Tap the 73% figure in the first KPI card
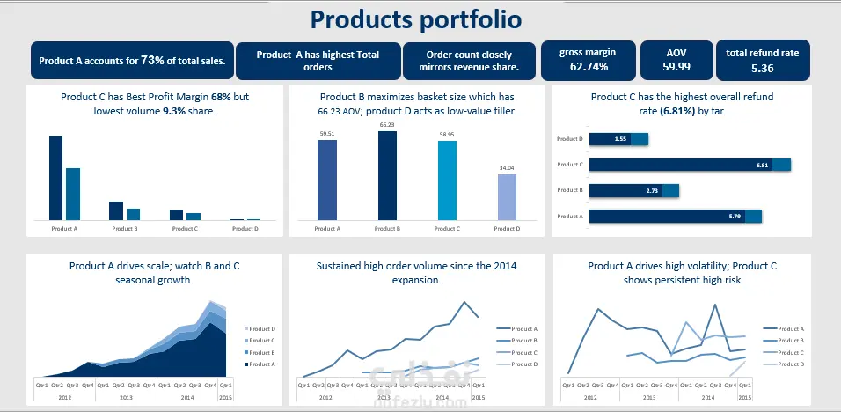tap(152, 61)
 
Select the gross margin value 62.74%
tap(588, 66)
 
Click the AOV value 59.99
tap(676, 66)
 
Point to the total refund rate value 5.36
tap(762, 67)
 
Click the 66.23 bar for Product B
tap(387, 175)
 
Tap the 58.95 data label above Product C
tap(447, 135)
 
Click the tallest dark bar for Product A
tap(55, 178)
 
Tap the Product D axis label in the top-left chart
tap(245, 228)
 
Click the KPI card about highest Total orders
tap(318, 61)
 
